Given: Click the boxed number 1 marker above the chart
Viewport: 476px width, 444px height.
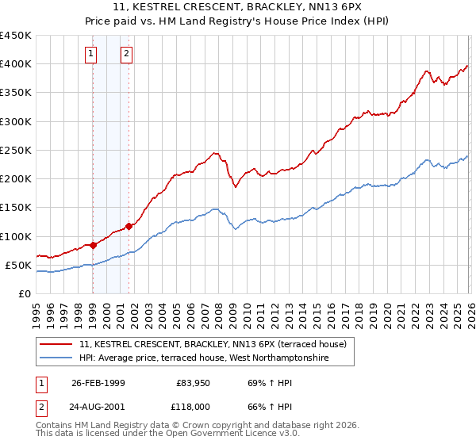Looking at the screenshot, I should (92, 54).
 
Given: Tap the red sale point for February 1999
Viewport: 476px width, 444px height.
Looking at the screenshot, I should (93, 245).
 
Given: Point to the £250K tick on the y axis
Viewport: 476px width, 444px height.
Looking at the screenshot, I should (16, 150).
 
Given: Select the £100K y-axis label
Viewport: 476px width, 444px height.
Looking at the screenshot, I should (16, 236).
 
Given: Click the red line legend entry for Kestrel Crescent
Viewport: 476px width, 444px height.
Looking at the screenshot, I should (212, 345).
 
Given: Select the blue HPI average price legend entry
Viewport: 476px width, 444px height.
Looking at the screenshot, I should (204, 359).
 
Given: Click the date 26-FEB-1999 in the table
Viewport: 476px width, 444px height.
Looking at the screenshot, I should (99, 383).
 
